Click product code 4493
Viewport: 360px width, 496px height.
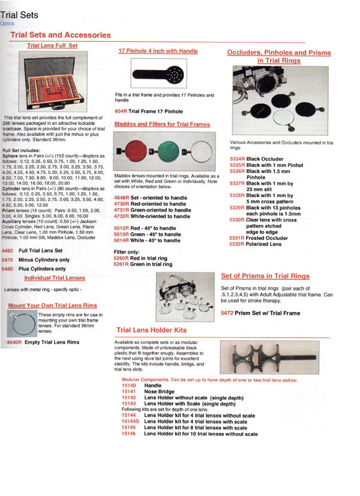coord(7,251)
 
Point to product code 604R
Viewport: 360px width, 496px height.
coord(120,112)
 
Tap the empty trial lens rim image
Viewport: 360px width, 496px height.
coord(22,326)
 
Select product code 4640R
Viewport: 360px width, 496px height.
coord(13,342)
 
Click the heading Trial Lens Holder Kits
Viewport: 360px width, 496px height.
coord(151,330)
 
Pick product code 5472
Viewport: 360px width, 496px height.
coord(228,313)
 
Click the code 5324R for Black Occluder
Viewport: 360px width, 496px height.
coord(237,158)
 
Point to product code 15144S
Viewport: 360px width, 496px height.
coord(130,422)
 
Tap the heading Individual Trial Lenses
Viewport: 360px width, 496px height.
coord(55,278)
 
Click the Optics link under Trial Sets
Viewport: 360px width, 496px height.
coord(7,23)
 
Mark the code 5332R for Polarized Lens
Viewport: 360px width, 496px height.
coord(237,244)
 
